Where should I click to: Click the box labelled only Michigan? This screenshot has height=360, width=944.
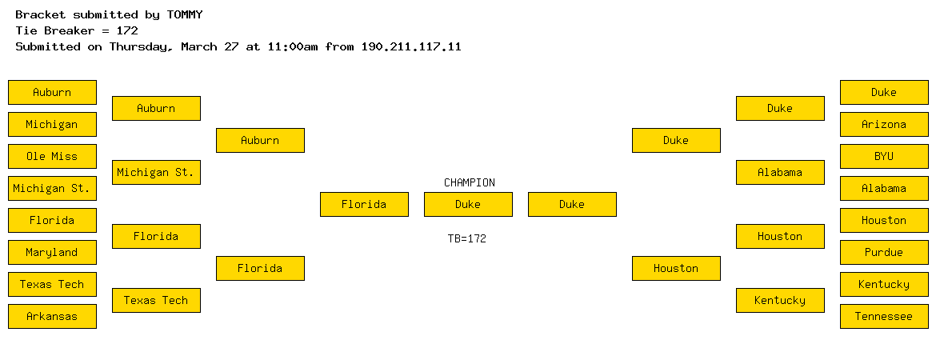point(52,125)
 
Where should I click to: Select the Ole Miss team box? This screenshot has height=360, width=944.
point(52,157)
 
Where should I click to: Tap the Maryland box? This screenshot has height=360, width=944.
point(52,252)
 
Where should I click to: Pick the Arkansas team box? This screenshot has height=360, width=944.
point(52,317)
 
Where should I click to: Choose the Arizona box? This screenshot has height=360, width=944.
point(884,125)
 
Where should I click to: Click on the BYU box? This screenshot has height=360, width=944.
point(884,157)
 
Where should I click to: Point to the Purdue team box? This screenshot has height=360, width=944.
point(884,252)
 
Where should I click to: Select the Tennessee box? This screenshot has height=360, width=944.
point(884,317)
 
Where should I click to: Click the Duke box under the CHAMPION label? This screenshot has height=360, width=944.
point(468,205)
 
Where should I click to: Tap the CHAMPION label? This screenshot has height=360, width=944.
point(470,182)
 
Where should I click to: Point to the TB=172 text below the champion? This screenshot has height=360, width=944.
point(467,238)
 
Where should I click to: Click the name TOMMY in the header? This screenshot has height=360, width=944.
point(185,14)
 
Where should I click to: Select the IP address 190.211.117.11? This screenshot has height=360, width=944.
point(411,46)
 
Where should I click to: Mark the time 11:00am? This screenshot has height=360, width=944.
point(293,46)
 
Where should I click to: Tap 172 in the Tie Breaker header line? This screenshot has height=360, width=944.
point(127,30)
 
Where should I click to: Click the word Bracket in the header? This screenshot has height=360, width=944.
point(40,14)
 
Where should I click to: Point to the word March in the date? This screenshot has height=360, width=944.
point(199,46)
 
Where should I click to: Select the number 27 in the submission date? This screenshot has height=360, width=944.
point(232,46)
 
